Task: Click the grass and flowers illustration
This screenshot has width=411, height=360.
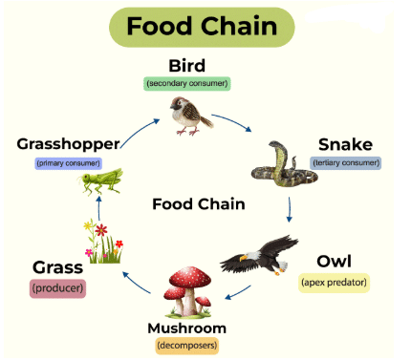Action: click(x=102, y=243)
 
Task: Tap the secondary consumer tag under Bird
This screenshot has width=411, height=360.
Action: click(x=187, y=83)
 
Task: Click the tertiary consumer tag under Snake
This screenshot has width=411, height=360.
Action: click(x=346, y=162)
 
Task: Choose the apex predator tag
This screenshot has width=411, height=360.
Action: click(x=334, y=282)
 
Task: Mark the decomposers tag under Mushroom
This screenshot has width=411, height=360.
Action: click(x=188, y=345)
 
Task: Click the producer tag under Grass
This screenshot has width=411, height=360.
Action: click(x=59, y=286)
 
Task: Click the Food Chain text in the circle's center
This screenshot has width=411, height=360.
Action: click(x=199, y=203)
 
